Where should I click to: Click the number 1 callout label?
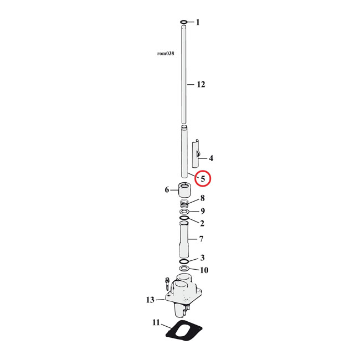197,23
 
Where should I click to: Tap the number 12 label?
200,85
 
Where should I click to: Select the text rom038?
166,54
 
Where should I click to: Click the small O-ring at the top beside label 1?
184,23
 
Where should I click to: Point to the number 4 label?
210,158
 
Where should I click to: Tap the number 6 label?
167,190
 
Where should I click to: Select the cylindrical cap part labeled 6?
184,192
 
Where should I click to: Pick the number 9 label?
203,211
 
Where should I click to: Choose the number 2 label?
202,223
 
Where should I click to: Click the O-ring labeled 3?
184,261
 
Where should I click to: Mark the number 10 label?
204,270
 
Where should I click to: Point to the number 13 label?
150,300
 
